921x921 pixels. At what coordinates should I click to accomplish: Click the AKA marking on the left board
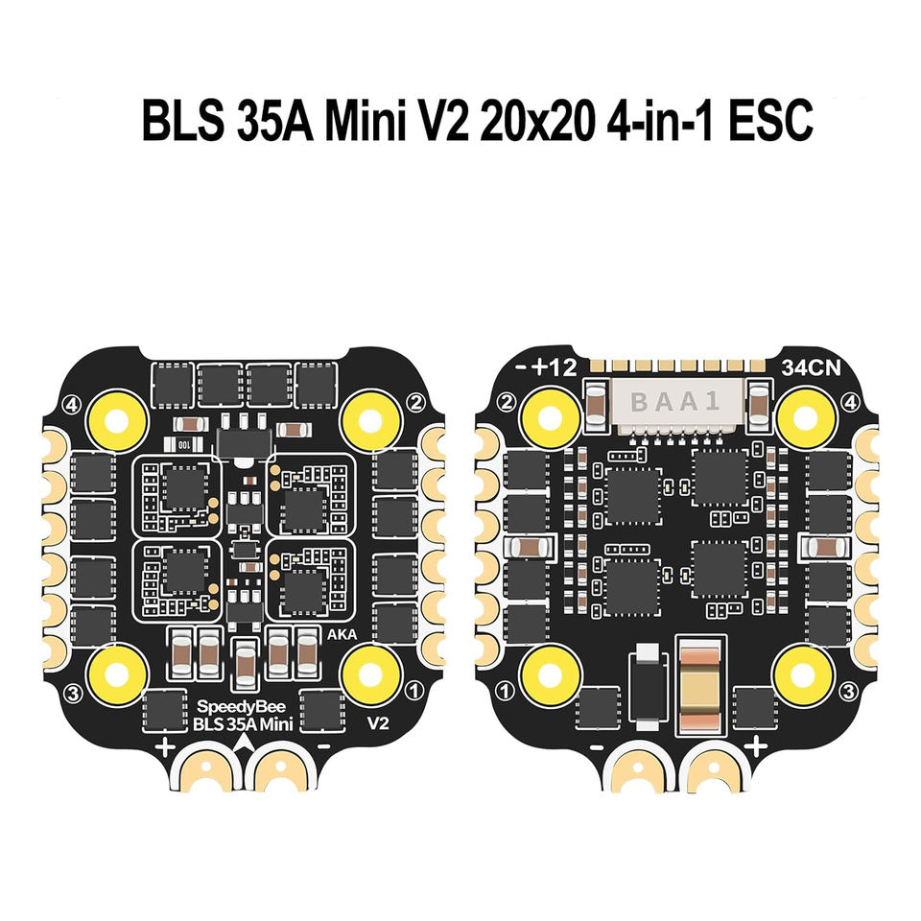[x=339, y=634]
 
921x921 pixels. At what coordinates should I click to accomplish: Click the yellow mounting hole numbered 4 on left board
[x=120, y=418]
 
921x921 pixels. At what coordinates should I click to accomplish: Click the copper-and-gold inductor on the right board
[x=705, y=684]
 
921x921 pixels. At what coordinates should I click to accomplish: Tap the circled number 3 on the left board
[x=69, y=691]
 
